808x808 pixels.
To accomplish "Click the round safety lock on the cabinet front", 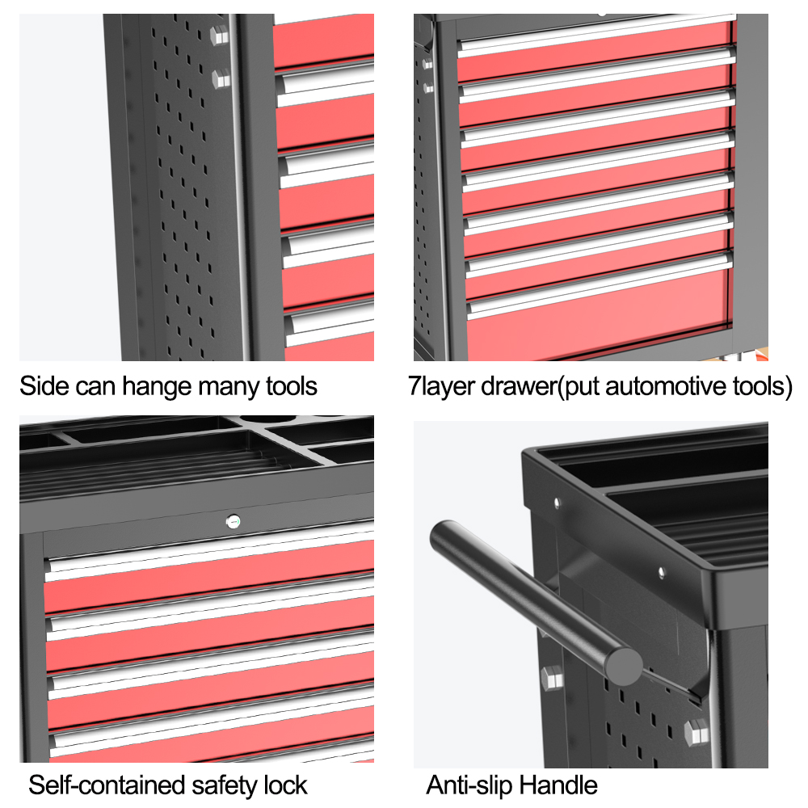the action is pos(234,522).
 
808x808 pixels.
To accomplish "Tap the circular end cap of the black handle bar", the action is pos(623,667).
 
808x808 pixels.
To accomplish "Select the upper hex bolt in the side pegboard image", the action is pos(220,35).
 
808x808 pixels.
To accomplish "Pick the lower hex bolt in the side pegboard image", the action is pos(221,79).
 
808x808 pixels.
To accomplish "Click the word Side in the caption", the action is pos(44,386).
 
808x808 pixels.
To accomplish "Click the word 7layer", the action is pos(441,387).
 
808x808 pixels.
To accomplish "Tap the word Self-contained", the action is pos(107,785).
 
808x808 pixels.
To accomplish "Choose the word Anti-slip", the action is pos(469,786).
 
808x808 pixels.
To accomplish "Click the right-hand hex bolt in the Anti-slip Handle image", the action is pos(696,732).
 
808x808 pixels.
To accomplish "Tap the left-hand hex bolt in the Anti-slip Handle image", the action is pos(552,678).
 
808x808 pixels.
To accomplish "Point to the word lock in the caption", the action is pos(285,785).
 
